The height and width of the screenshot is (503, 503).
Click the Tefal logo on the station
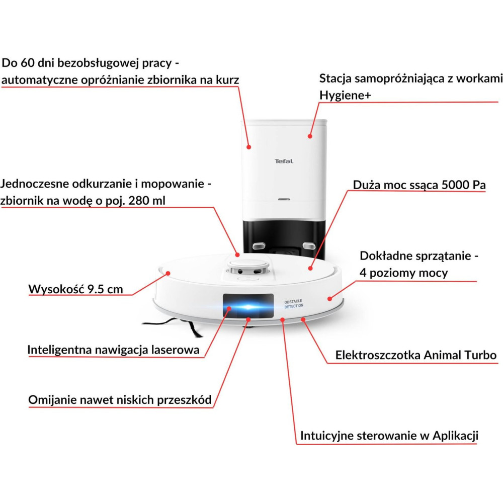click(x=284, y=161)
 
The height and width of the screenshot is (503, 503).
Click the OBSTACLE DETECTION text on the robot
click(x=294, y=304)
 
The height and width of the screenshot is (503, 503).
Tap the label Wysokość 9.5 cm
click(x=75, y=289)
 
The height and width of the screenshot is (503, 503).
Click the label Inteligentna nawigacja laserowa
click(x=113, y=350)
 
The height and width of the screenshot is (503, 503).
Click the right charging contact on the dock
click(x=308, y=245)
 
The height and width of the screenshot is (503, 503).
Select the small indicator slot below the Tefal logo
click(x=284, y=199)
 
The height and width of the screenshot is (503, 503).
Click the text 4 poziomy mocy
click(x=403, y=273)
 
